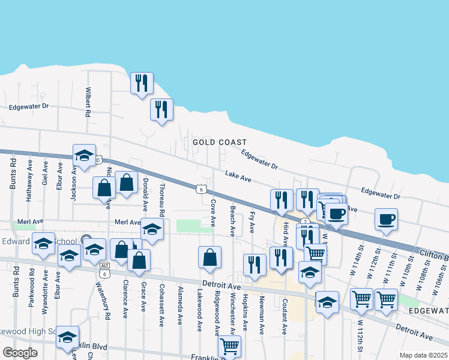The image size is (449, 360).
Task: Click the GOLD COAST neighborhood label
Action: [220, 142]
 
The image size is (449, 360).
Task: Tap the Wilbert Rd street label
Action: [88, 102]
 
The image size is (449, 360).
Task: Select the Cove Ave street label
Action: [213, 213]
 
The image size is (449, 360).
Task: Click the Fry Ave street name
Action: [252, 222]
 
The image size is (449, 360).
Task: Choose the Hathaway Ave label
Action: [30, 173]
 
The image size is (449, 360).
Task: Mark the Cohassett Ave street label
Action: [161, 305]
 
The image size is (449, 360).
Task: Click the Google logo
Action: [20, 353]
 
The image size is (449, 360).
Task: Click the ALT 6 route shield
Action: [105, 269]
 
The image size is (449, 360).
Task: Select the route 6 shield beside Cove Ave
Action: [200, 189]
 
